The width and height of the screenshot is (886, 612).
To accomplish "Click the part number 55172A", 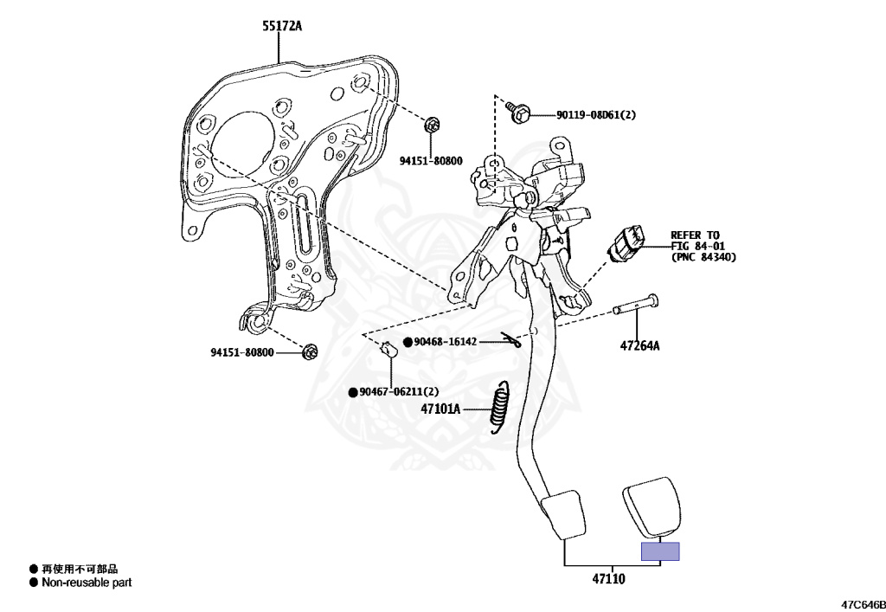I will [x=282, y=26].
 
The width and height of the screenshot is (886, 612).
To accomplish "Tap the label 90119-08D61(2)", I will [x=595, y=114].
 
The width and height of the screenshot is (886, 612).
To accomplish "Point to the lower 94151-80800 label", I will [x=242, y=352].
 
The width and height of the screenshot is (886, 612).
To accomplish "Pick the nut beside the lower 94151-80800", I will [x=309, y=351].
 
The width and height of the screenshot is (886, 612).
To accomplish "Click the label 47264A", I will [x=639, y=346].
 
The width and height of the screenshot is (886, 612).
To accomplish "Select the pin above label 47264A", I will [x=635, y=304].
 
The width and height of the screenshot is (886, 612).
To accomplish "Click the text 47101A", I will [x=440, y=409].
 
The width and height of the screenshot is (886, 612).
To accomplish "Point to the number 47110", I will [x=608, y=578].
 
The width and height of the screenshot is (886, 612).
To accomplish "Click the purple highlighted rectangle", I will [x=659, y=551].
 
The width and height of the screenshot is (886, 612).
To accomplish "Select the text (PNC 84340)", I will [x=703, y=257].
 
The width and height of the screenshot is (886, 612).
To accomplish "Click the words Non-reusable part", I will [x=86, y=583].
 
